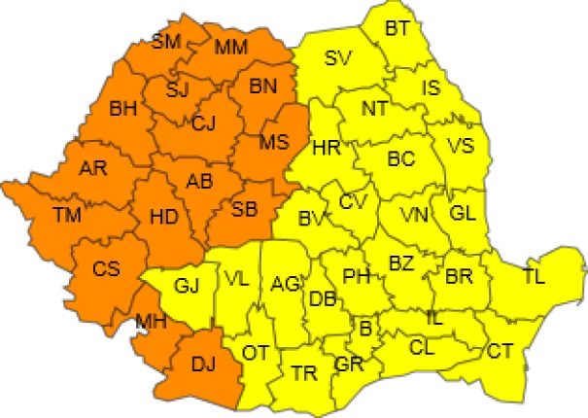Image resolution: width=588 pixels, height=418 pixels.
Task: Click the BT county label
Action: [x=397, y=28]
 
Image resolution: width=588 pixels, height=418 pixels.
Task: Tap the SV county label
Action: [x=337, y=57]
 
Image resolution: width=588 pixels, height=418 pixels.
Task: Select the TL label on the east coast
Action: [x=534, y=276]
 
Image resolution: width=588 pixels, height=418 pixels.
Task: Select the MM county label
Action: [x=230, y=47]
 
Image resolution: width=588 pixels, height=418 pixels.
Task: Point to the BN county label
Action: [x=263, y=87]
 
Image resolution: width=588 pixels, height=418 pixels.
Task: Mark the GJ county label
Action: [x=187, y=286]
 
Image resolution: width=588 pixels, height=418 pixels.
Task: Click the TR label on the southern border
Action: [x=303, y=371]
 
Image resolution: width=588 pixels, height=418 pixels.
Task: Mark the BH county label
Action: [x=123, y=109]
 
